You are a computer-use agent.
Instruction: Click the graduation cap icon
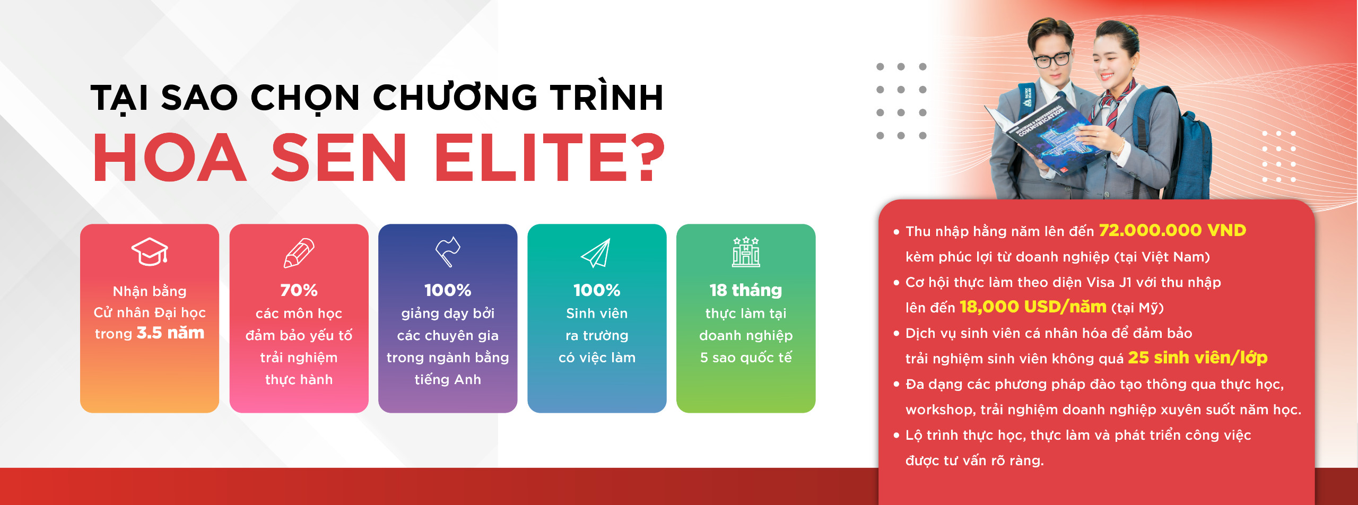150,251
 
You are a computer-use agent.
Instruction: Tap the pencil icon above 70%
299,252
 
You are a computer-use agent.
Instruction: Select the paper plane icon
596,253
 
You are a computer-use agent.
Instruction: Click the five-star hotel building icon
746,252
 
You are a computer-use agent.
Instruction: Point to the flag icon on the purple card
447,251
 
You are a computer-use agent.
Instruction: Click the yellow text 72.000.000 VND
1172,230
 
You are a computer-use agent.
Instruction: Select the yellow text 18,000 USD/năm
1033,307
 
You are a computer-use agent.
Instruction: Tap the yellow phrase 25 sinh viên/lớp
1197,358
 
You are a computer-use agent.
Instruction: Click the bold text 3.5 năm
170,333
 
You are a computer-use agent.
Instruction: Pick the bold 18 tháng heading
746,290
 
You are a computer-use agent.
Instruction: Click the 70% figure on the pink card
299,290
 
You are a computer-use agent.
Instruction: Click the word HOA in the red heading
170,158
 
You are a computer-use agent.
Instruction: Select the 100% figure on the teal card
597,290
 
